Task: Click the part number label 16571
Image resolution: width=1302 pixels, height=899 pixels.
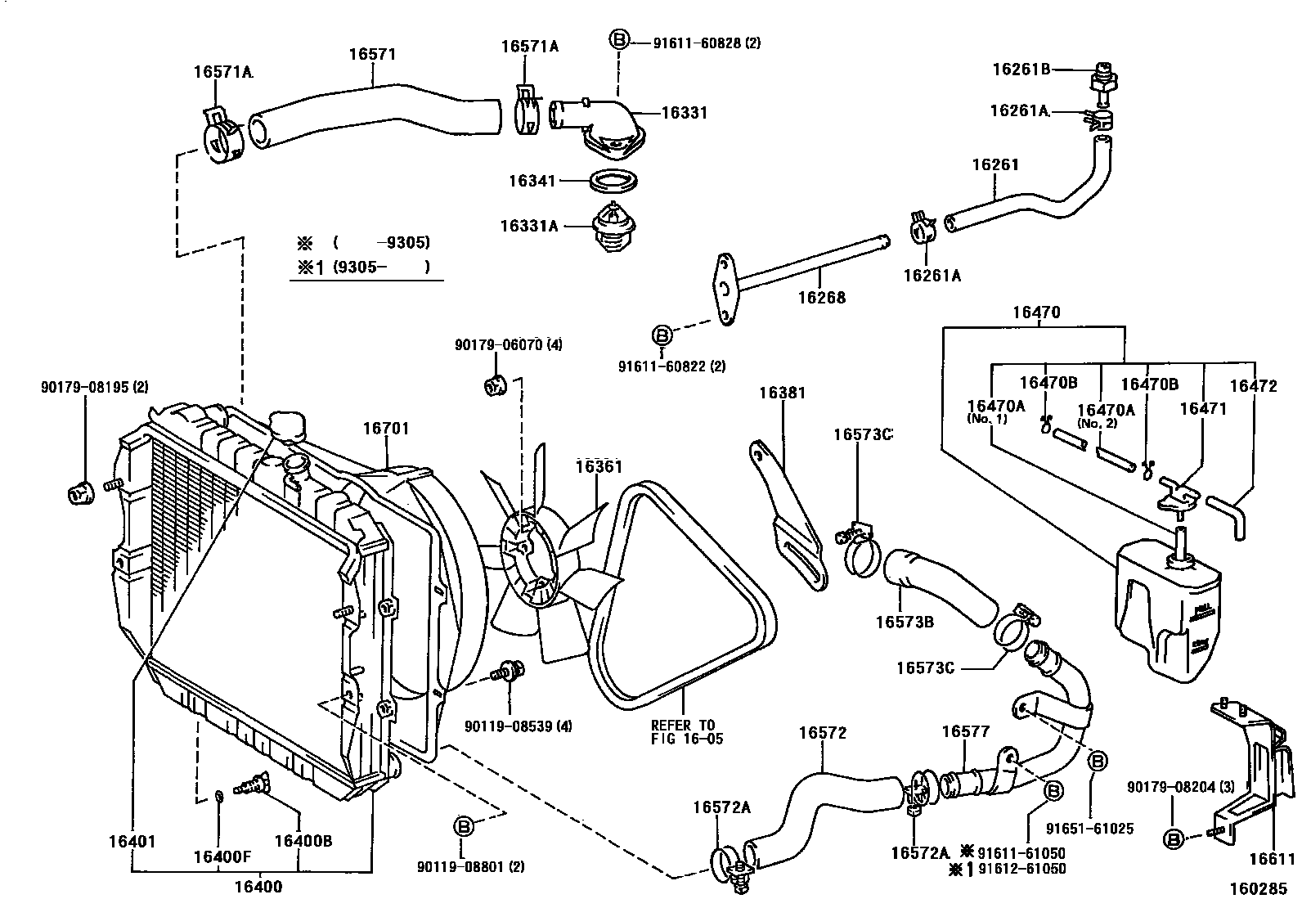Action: coord(372,55)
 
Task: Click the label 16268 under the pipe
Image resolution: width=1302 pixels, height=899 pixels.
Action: coord(822,298)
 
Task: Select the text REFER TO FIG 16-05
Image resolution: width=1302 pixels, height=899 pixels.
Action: coord(683,731)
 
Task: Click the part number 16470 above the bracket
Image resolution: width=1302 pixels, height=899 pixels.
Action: coord(1035,312)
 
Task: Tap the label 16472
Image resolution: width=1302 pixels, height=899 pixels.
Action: coord(1253,386)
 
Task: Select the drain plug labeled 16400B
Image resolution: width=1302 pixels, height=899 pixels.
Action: coord(253,783)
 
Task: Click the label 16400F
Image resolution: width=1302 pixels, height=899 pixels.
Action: coord(222,856)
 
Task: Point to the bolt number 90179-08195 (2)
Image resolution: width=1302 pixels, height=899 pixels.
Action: coord(94,387)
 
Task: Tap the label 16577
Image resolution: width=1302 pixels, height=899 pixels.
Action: coord(966,732)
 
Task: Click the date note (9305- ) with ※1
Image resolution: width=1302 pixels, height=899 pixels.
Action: coord(362,267)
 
